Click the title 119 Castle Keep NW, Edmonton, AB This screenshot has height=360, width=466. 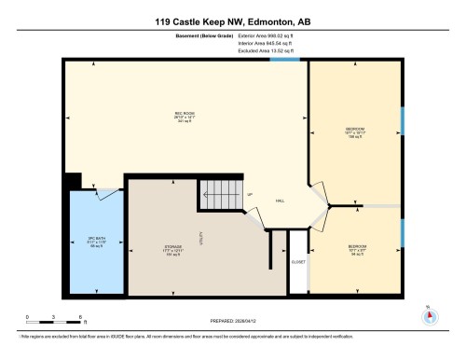(x=232, y=20)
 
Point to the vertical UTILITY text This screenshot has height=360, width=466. (x=199, y=237)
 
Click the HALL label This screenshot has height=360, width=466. (x=279, y=201)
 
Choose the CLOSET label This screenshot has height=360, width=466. (x=297, y=263)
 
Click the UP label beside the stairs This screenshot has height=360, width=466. (x=250, y=195)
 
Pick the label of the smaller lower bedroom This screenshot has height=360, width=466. (x=354, y=248)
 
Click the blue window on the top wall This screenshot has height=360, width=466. (x=285, y=60)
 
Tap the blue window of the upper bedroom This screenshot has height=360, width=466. (x=402, y=120)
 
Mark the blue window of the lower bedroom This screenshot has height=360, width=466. (x=402, y=230)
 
